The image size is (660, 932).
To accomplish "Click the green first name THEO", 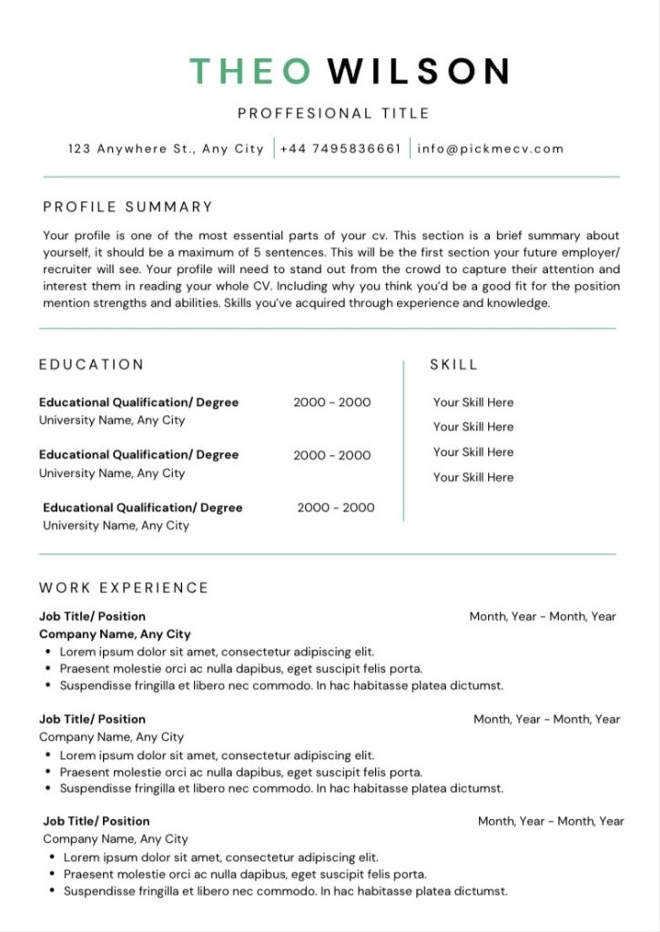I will click(x=249, y=71).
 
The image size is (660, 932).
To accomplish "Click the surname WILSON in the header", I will click(x=418, y=71).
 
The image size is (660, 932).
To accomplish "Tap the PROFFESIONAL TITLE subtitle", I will click(x=333, y=114).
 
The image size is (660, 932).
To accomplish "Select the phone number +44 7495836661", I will click(x=340, y=148).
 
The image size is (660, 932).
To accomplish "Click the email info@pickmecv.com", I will click(x=491, y=148).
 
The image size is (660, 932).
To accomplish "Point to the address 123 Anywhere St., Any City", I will click(x=166, y=148).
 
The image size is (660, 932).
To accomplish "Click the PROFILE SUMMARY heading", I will click(x=127, y=207).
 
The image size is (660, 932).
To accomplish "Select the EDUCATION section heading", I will click(x=91, y=364).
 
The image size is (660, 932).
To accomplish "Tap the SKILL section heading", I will click(x=453, y=364).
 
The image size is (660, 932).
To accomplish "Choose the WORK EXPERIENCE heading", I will click(x=124, y=587).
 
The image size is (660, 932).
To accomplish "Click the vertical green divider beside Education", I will click(x=403, y=441).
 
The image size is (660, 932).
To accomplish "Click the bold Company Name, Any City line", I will click(x=115, y=633).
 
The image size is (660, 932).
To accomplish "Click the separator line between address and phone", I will click(x=274, y=148).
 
